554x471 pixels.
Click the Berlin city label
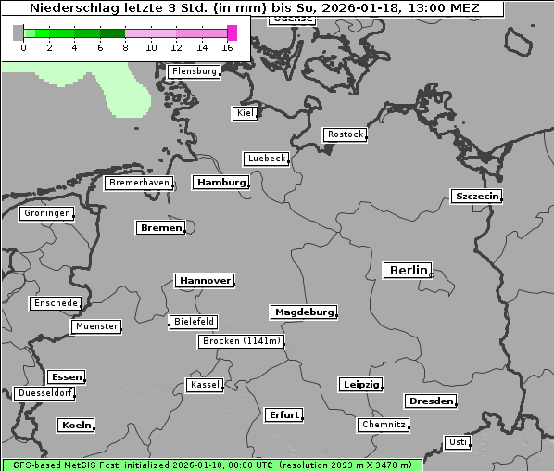(408, 271)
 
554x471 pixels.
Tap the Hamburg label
(221, 183)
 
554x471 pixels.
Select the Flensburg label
(195, 71)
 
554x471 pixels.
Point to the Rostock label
(345, 134)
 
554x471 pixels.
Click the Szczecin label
(476, 196)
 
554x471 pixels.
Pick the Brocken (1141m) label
(240, 341)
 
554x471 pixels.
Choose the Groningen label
(46, 213)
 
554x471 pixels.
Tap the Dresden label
(430, 401)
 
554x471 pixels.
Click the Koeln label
(76, 426)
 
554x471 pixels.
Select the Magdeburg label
(304, 312)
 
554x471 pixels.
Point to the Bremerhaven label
(139, 183)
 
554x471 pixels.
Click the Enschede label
(55, 303)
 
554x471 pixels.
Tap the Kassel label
(204, 385)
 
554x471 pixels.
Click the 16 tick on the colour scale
(228, 46)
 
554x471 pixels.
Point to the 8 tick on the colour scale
(125, 46)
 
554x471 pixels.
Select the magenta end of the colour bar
(232, 32)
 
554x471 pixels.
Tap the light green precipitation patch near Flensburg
(120, 88)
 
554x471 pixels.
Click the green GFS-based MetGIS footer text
(211, 465)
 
